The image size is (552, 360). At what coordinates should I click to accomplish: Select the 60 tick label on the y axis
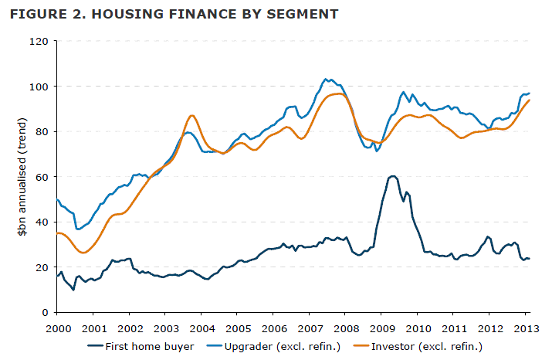pos(42,177)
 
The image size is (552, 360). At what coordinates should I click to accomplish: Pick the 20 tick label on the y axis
pos(42,267)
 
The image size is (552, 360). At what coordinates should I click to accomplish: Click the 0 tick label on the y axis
pos(45,312)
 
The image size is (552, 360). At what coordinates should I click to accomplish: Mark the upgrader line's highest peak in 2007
pos(327,79)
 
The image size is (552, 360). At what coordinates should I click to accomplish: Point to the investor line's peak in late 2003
pos(191,115)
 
